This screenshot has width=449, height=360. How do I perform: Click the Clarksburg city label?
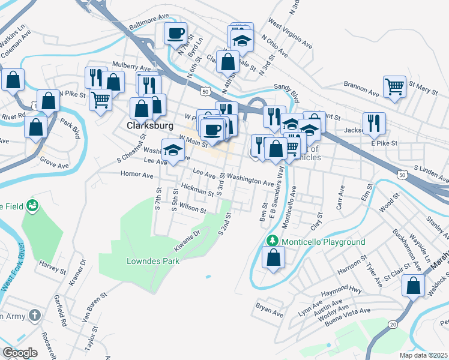click(x=149, y=126)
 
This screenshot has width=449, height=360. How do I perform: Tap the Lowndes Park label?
click(x=152, y=261)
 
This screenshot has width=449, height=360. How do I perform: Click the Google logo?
click(x=20, y=353)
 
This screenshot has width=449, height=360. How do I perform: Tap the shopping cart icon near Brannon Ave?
click(x=394, y=86)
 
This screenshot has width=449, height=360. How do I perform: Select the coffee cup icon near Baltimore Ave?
click(x=175, y=34)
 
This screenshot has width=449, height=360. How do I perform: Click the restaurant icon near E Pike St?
click(x=374, y=123)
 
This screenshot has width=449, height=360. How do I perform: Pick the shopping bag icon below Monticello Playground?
click(x=273, y=258)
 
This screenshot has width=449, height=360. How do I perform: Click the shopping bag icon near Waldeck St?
click(x=414, y=286)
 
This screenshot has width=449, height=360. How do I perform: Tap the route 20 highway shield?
click(x=393, y=325)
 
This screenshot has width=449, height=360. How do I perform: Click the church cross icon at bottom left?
click(x=35, y=315)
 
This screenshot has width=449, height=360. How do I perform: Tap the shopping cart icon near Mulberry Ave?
click(x=101, y=99)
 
